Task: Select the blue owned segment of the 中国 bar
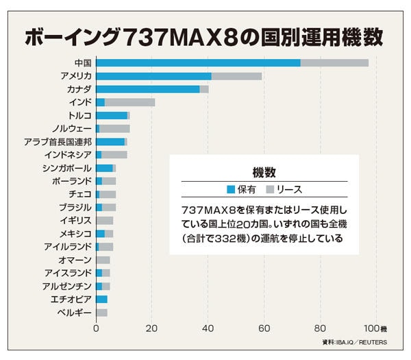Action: [x=198, y=63]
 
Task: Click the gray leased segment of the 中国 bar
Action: [x=334, y=63]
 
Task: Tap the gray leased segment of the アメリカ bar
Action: [x=236, y=76]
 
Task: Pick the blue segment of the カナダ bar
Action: [x=147, y=89]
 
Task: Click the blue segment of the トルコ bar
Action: [x=111, y=115]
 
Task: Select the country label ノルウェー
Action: [x=71, y=128]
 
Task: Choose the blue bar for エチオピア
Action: [x=101, y=299]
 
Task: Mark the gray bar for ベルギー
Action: [x=101, y=312]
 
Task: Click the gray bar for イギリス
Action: [x=104, y=220]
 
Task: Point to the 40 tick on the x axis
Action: [x=208, y=328]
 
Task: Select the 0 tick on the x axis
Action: [x=96, y=328]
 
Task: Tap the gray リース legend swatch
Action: [x=271, y=189]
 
